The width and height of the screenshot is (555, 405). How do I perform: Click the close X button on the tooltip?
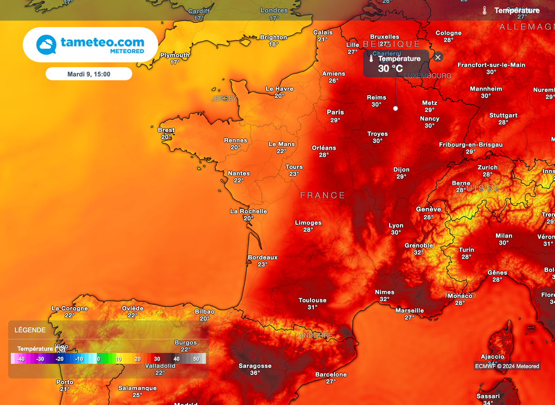pyautogui.click(x=438, y=57)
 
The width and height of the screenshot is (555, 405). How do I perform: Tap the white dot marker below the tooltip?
pyautogui.click(x=395, y=108)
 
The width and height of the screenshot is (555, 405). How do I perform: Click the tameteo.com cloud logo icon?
pyautogui.click(x=46, y=44)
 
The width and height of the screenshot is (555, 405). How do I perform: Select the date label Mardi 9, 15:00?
pyautogui.click(x=89, y=74)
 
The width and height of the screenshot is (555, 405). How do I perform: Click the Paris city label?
pyautogui.click(x=335, y=112)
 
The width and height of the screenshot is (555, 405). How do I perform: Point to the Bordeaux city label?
pyautogui.click(x=262, y=258)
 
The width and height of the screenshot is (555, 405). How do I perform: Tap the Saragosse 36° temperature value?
pyautogui.click(x=255, y=373)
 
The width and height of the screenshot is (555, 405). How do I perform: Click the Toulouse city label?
pyautogui.click(x=313, y=300)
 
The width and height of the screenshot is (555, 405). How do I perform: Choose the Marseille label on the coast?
pyautogui.click(x=410, y=311)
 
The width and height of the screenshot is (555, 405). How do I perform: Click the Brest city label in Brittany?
pyautogui.click(x=166, y=130)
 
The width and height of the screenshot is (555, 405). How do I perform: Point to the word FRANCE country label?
pyautogui.click(x=322, y=195)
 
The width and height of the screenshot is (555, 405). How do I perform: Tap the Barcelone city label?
pyautogui.click(x=331, y=375)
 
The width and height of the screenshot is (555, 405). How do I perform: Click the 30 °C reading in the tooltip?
pyautogui.click(x=390, y=69)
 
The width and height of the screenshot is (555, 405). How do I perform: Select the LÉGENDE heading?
pyautogui.click(x=30, y=330)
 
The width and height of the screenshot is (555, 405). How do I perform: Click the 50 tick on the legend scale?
pyautogui.click(x=196, y=359)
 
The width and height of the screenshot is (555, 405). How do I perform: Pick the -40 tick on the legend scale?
pyautogui.click(x=21, y=359)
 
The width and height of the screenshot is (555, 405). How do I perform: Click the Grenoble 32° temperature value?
pyautogui.click(x=419, y=253)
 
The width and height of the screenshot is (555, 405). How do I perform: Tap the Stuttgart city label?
pyautogui.click(x=504, y=115)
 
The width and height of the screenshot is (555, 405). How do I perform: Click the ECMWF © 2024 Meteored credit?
pyautogui.click(x=507, y=367)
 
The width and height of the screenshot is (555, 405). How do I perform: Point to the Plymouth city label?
pyautogui.click(x=175, y=55)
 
